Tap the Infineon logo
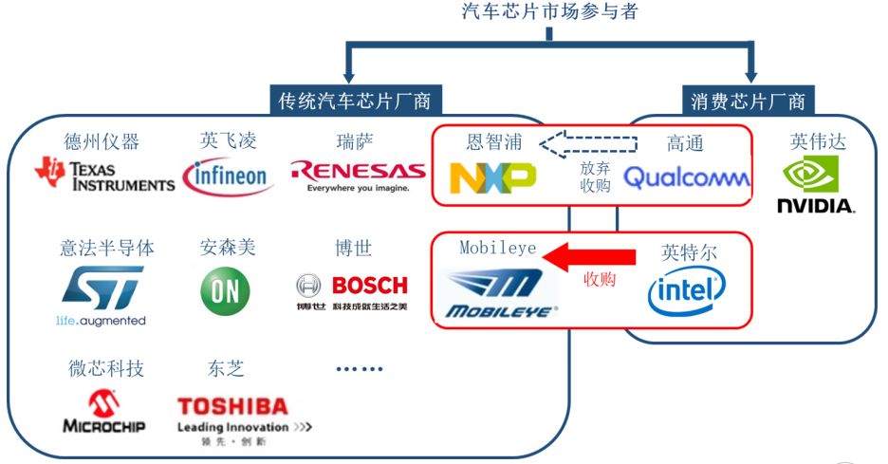click(228, 176)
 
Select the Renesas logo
click(358, 175)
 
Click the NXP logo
click(492, 177)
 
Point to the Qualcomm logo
click(686, 176)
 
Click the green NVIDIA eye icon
click(810, 174)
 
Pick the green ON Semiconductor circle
click(225, 291)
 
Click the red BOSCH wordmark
click(370, 286)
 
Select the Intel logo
click(686, 291)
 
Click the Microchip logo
click(104, 411)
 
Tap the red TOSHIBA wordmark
click(232, 406)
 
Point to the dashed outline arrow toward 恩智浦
click(588, 144)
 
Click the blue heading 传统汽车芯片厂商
click(355, 101)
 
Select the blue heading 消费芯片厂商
click(749, 102)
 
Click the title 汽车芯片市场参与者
click(550, 10)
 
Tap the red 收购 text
click(600, 279)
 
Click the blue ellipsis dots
click(360, 369)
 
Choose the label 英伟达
click(818, 141)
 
